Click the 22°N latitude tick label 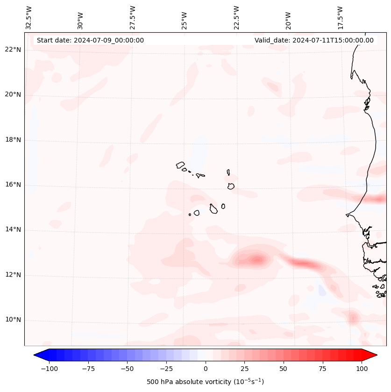click(14, 50)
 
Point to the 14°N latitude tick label click(14, 230)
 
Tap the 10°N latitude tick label click(14, 320)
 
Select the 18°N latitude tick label click(14, 140)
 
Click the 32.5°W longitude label click(29, 17)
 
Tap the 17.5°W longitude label click(340, 17)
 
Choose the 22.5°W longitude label click(236, 17)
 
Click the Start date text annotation click(90, 40)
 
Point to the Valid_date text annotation click(314, 40)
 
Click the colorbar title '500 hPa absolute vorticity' click(205, 382)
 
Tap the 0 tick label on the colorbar click(206, 369)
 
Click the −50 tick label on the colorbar click(127, 369)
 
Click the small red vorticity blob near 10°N click(353, 318)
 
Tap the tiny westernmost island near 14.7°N click(190, 214)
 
